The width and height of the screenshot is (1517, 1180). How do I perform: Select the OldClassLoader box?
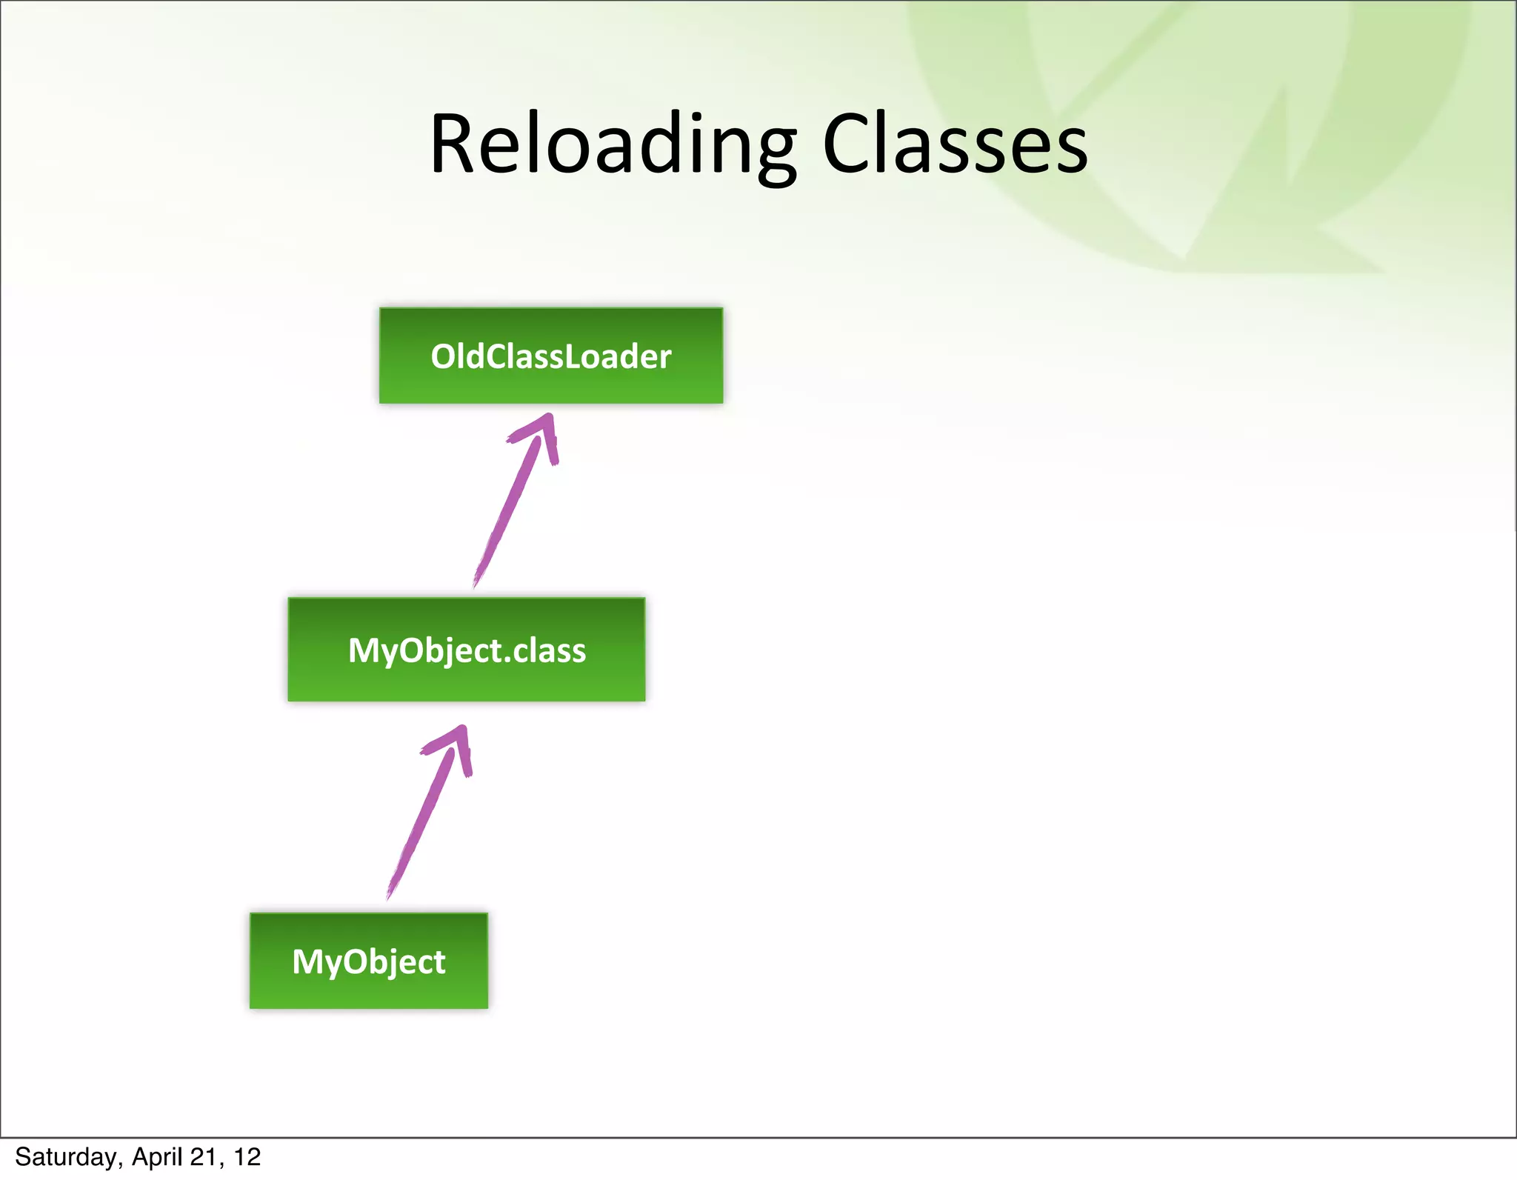(x=551, y=356)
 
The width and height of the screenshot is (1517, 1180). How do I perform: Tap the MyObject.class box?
(x=467, y=650)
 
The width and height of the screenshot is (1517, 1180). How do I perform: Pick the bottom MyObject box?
(x=369, y=961)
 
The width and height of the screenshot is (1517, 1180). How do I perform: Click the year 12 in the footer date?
(x=247, y=1157)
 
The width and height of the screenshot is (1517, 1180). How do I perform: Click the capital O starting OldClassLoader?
(x=444, y=356)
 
